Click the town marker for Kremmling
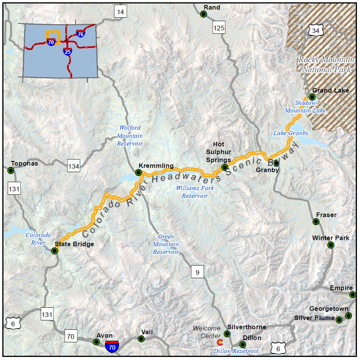click(139, 172)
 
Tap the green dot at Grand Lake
click(312, 97)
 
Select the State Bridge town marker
click(55, 251)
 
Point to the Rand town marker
click(204, 14)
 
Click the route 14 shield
click(121, 12)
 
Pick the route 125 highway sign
click(219, 28)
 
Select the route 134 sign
click(74, 166)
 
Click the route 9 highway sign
click(197, 272)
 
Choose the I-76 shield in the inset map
click(80, 34)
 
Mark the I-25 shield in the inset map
click(67, 51)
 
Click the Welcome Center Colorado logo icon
click(220, 342)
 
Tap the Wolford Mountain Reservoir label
click(130, 136)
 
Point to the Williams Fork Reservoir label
click(195, 192)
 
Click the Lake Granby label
click(291, 133)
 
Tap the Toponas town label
click(25, 163)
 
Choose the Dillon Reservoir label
click(236, 351)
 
